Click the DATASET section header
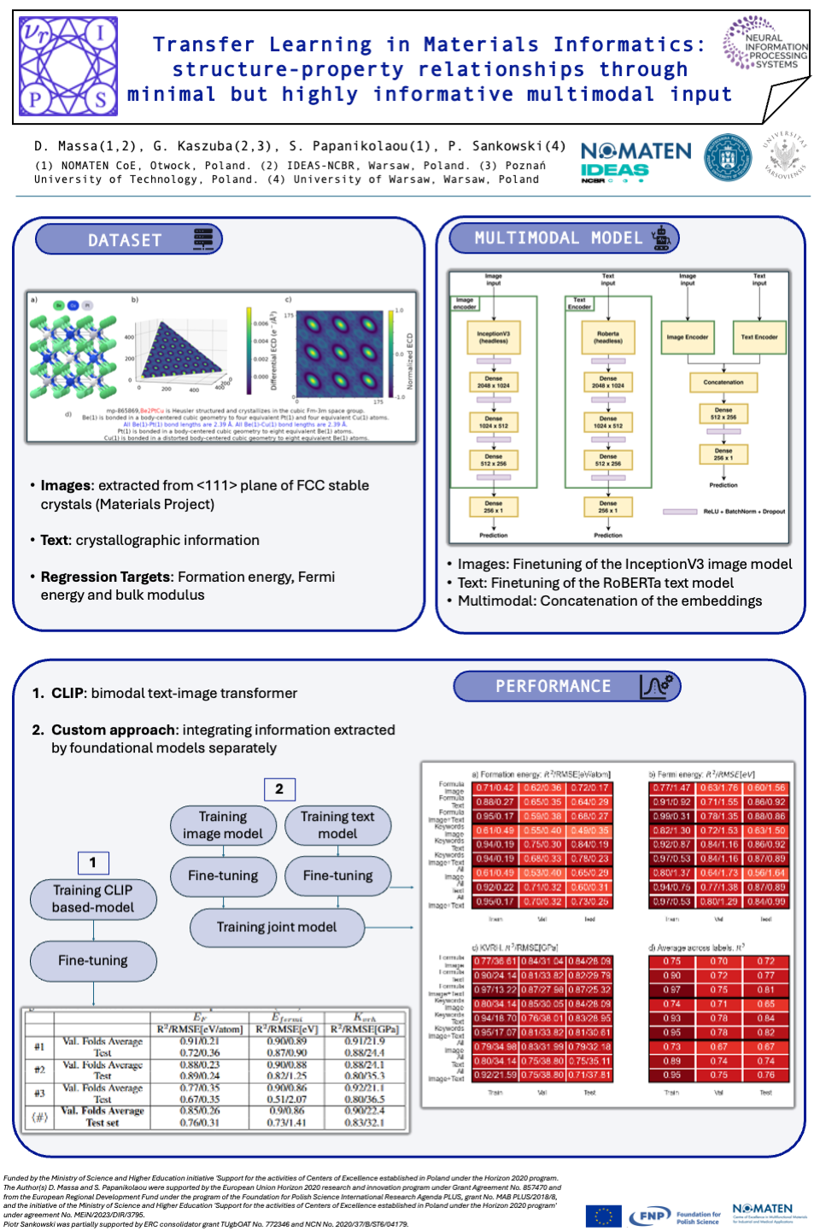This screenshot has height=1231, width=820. (x=128, y=240)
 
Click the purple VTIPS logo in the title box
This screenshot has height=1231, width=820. (x=68, y=67)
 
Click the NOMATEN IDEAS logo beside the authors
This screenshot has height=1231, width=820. (x=635, y=161)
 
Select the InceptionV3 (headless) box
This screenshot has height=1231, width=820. (x=493, y=337)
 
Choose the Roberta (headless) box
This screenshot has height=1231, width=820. (x=607, y=337)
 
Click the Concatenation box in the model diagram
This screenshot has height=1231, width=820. (x=723, y=383)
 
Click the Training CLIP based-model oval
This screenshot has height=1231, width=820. (x=93, y=899)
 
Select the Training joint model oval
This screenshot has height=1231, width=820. (x=277, y=928)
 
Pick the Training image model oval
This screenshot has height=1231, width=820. (x=223, y=825)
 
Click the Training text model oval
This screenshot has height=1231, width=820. (x=337, y=825)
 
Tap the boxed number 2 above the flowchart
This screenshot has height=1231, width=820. (x=279, y=789)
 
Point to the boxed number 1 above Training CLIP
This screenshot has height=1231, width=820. (x=93, y=863)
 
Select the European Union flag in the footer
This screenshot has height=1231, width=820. (x=603, y=1216)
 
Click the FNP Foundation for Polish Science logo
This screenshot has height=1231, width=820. (x=675, y=1216)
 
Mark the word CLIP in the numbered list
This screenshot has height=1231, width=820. (x=67, y=693)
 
